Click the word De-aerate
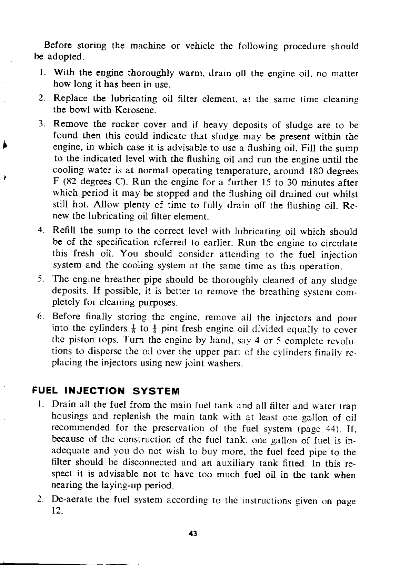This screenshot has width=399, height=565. click(72, 499)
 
